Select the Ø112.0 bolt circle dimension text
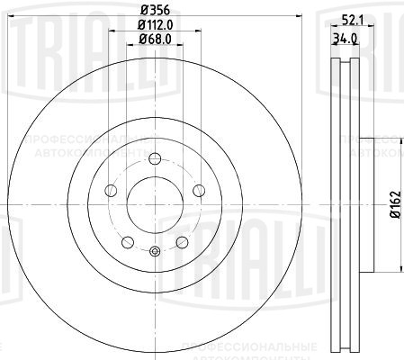pos(155,25)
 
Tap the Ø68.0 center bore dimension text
pos(154,39)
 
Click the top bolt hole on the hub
pos(154,159)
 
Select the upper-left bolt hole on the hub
pos(111,191)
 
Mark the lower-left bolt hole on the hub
pos(127,241)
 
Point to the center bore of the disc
pos(154,205)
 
